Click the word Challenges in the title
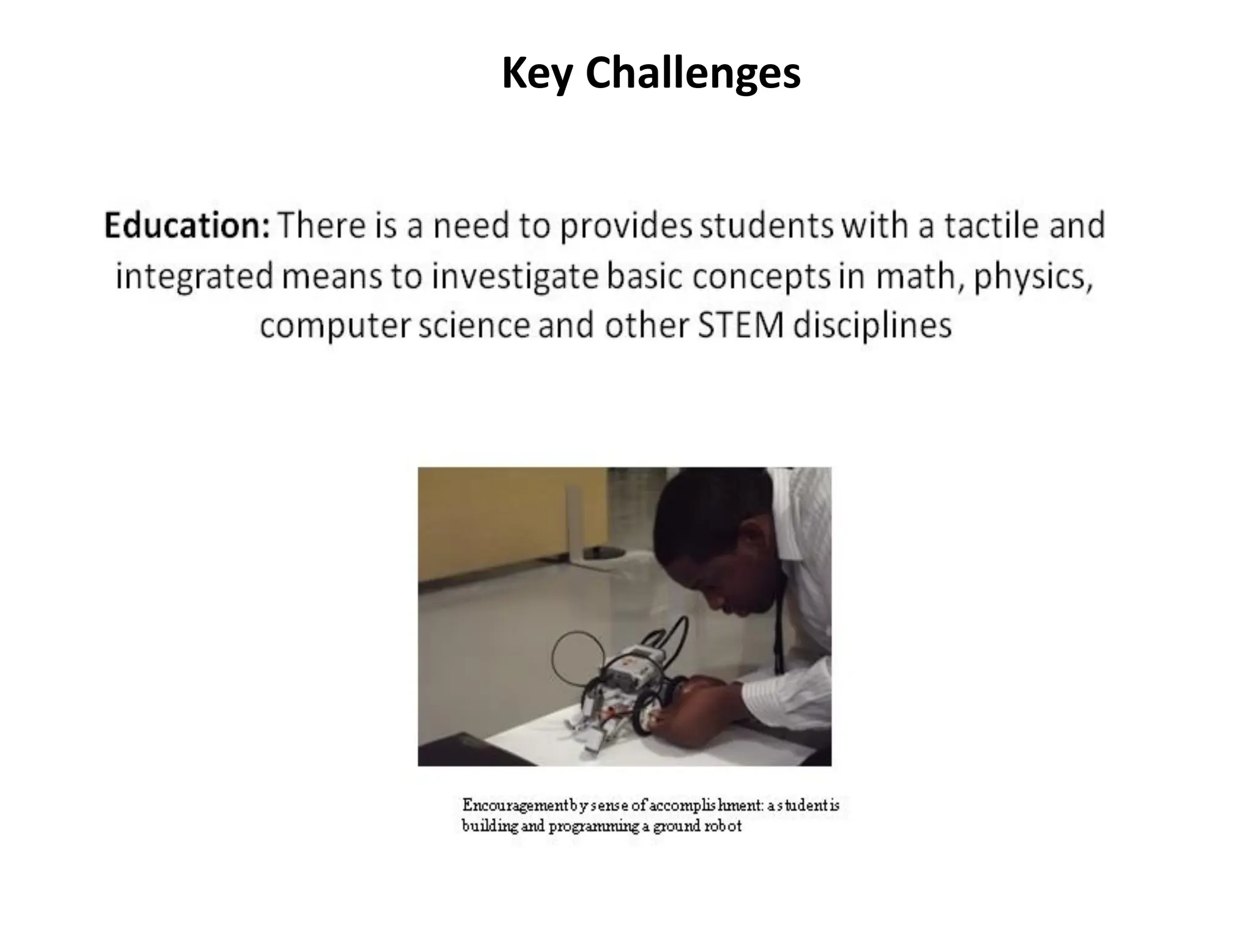click(x=693, y=73)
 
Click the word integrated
click(x=194, y=277)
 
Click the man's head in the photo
click(x=716, y=551)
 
